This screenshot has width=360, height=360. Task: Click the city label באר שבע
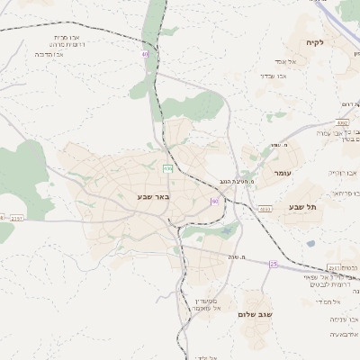point(154,195)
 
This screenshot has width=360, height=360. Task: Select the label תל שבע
point(303,207)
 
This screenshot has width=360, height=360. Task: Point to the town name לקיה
point(338,42)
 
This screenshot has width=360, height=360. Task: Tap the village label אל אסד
point(275,61)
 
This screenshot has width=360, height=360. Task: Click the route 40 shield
point(145,54)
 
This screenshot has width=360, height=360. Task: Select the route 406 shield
point(167,168)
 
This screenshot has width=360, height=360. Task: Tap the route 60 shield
point(214,201)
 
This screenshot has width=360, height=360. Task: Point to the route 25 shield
point(274,265)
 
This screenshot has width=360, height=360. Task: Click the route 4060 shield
point(265,209)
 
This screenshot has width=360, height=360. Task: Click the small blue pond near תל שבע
point(310,243)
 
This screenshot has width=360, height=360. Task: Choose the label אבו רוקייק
point(343,171)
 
